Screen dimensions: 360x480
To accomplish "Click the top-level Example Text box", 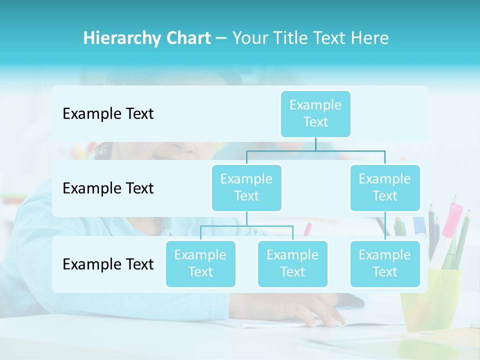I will point(315,113).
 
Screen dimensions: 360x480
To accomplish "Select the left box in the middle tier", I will point(246,187).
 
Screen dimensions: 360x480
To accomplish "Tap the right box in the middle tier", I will point(385,187).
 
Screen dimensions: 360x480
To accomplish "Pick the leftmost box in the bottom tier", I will point(200,263).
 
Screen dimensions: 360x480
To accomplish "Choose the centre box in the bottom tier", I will point(292,263).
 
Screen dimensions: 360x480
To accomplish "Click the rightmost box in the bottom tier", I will point(385,263).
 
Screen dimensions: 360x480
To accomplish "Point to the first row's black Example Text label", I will point(108,113).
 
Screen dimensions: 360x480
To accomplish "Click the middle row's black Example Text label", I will point(108,188).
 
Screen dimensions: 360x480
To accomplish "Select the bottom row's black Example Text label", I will point(108,264).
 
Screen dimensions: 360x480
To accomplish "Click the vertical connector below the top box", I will point(315,144).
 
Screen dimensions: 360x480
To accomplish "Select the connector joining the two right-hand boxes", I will point(385,226).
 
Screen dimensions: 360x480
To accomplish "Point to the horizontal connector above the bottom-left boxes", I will point(246,226).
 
